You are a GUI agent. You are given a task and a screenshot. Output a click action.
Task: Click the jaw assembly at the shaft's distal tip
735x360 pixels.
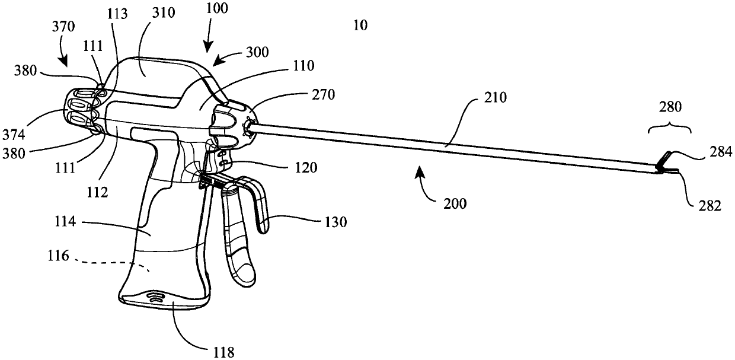click(667, 165)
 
